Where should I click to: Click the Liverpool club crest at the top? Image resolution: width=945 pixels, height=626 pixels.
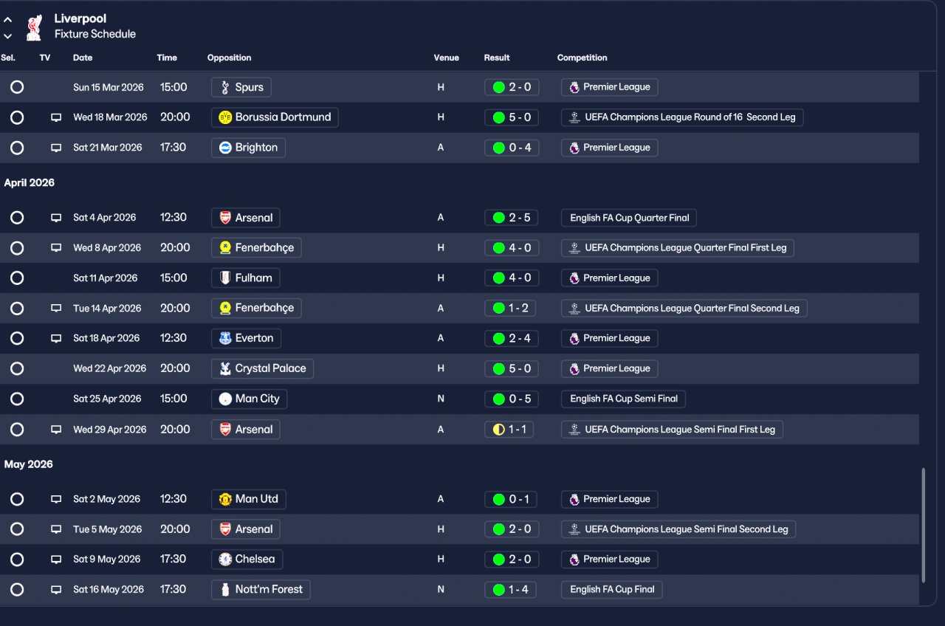pos(34,27)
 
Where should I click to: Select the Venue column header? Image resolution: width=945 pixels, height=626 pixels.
pos(446,58)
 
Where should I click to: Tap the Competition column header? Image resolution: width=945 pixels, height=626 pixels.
pos(582,58)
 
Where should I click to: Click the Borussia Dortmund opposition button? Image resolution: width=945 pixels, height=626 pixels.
pos(275,117)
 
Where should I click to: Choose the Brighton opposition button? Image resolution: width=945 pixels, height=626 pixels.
pos(248,148)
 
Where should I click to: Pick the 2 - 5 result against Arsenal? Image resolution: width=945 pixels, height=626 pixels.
pos(512,218)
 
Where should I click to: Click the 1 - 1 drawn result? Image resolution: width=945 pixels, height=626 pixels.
pos(512,430)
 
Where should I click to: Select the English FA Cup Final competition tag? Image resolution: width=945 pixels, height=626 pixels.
pos(612,590)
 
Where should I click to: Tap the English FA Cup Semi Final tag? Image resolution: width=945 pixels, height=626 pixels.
pos(623,399)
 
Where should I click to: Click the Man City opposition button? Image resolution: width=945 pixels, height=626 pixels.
pos(249,399)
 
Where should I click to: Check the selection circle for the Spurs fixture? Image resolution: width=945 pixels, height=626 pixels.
pos(17,87)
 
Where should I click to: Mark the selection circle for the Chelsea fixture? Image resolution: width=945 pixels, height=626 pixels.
pos(17,560)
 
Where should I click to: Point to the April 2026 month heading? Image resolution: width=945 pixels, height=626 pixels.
pos(30,183)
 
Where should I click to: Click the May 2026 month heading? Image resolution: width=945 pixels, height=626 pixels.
pos(29,464)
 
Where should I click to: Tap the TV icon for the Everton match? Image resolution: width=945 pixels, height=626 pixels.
pos(56,339)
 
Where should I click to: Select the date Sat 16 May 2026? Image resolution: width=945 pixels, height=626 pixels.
pos(108,590)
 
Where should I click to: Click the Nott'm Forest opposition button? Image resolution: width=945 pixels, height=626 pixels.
pos(261,590)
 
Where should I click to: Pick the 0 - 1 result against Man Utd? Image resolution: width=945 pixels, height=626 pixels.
pos(512,500)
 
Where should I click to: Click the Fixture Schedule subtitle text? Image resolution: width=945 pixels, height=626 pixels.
pos(95,34)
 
